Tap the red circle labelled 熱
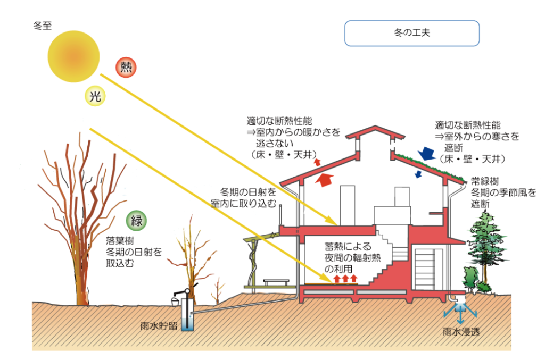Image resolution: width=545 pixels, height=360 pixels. click(126, 67)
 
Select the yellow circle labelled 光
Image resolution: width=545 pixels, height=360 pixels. click(95, 96)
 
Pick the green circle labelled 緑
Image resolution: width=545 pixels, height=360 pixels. click(137, 221)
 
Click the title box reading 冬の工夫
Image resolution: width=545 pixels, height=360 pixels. click(412, 32)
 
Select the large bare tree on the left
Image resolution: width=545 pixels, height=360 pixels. click(80, 213)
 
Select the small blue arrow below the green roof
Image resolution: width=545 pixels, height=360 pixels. click(418, 174)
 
